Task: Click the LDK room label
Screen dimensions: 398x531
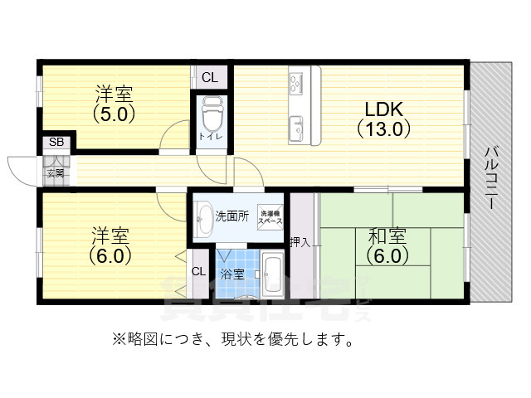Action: click(384, 109)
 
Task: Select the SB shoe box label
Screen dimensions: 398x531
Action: click(56, 142)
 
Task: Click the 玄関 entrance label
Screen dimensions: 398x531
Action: click(55, 173)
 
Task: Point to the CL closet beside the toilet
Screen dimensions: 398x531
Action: click(208, 78)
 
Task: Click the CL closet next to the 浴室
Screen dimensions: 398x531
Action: click(199, 271)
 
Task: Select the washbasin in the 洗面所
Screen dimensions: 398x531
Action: click(205, 219)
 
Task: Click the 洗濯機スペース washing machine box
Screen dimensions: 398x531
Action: click(270, 218)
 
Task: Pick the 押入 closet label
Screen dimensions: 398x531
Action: click(300, 242)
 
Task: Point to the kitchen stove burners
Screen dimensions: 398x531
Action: click(298, 84)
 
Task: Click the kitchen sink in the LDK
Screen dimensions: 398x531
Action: click(298, 128)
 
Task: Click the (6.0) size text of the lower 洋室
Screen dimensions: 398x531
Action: click(111, 255)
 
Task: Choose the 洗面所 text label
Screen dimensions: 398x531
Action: click(232, 216)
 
